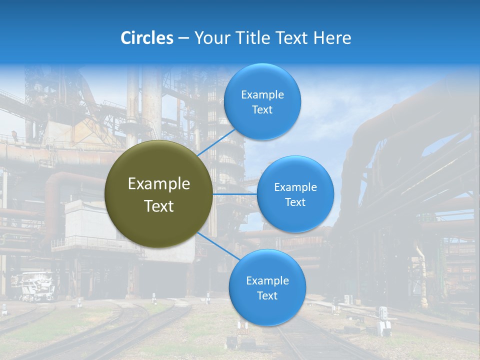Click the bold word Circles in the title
pos(146,38)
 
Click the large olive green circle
pos(159,194)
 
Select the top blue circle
pos(262,102)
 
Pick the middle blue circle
pos(295,194)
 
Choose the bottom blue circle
pos(267,287)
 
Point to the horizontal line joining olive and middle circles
pos(235,194)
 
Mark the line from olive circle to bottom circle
pos(218,245)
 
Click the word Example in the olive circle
pos(159,184)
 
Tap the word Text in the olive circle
pos(159,206)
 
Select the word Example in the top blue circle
pos(262,95)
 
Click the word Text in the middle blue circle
pos(295,202)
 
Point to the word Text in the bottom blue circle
pos(267,296)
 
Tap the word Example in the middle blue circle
pos(295,187)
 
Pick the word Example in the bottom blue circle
pos(267,280)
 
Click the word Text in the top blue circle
pos(262,110)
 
